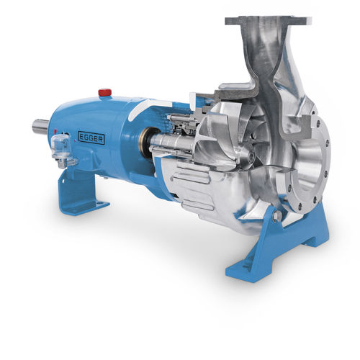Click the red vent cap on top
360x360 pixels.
[105, 92]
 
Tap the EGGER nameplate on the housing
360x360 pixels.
[91, 139]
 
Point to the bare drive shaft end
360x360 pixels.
[40, 127]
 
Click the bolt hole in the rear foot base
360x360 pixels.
[99, 204]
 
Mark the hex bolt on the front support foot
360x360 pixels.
[276, 215]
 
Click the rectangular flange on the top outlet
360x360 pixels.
[268, 21]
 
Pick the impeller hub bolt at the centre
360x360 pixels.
[251, 158]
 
